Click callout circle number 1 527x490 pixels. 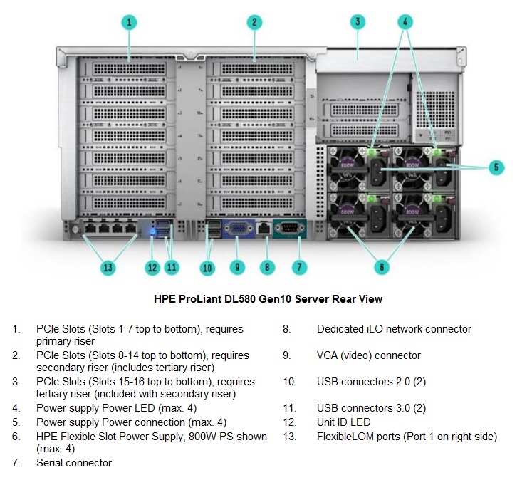tap(129, 22)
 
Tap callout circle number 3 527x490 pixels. tap(358, 21)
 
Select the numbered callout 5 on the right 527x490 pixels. tap(496, 167)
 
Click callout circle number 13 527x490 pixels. tap(108, 268)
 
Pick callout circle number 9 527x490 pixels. tap(237, 267)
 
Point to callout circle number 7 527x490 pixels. tap(299, 267)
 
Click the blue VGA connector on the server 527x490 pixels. tap(239, 229)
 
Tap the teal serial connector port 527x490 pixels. tap(289, 228)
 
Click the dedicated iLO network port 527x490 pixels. tap(264, 228)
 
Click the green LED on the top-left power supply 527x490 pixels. tap(372, 152)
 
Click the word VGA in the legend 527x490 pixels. tap(327, 355)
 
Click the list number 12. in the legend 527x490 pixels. tap(290, 422)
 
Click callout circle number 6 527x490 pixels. tap(382, 267)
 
